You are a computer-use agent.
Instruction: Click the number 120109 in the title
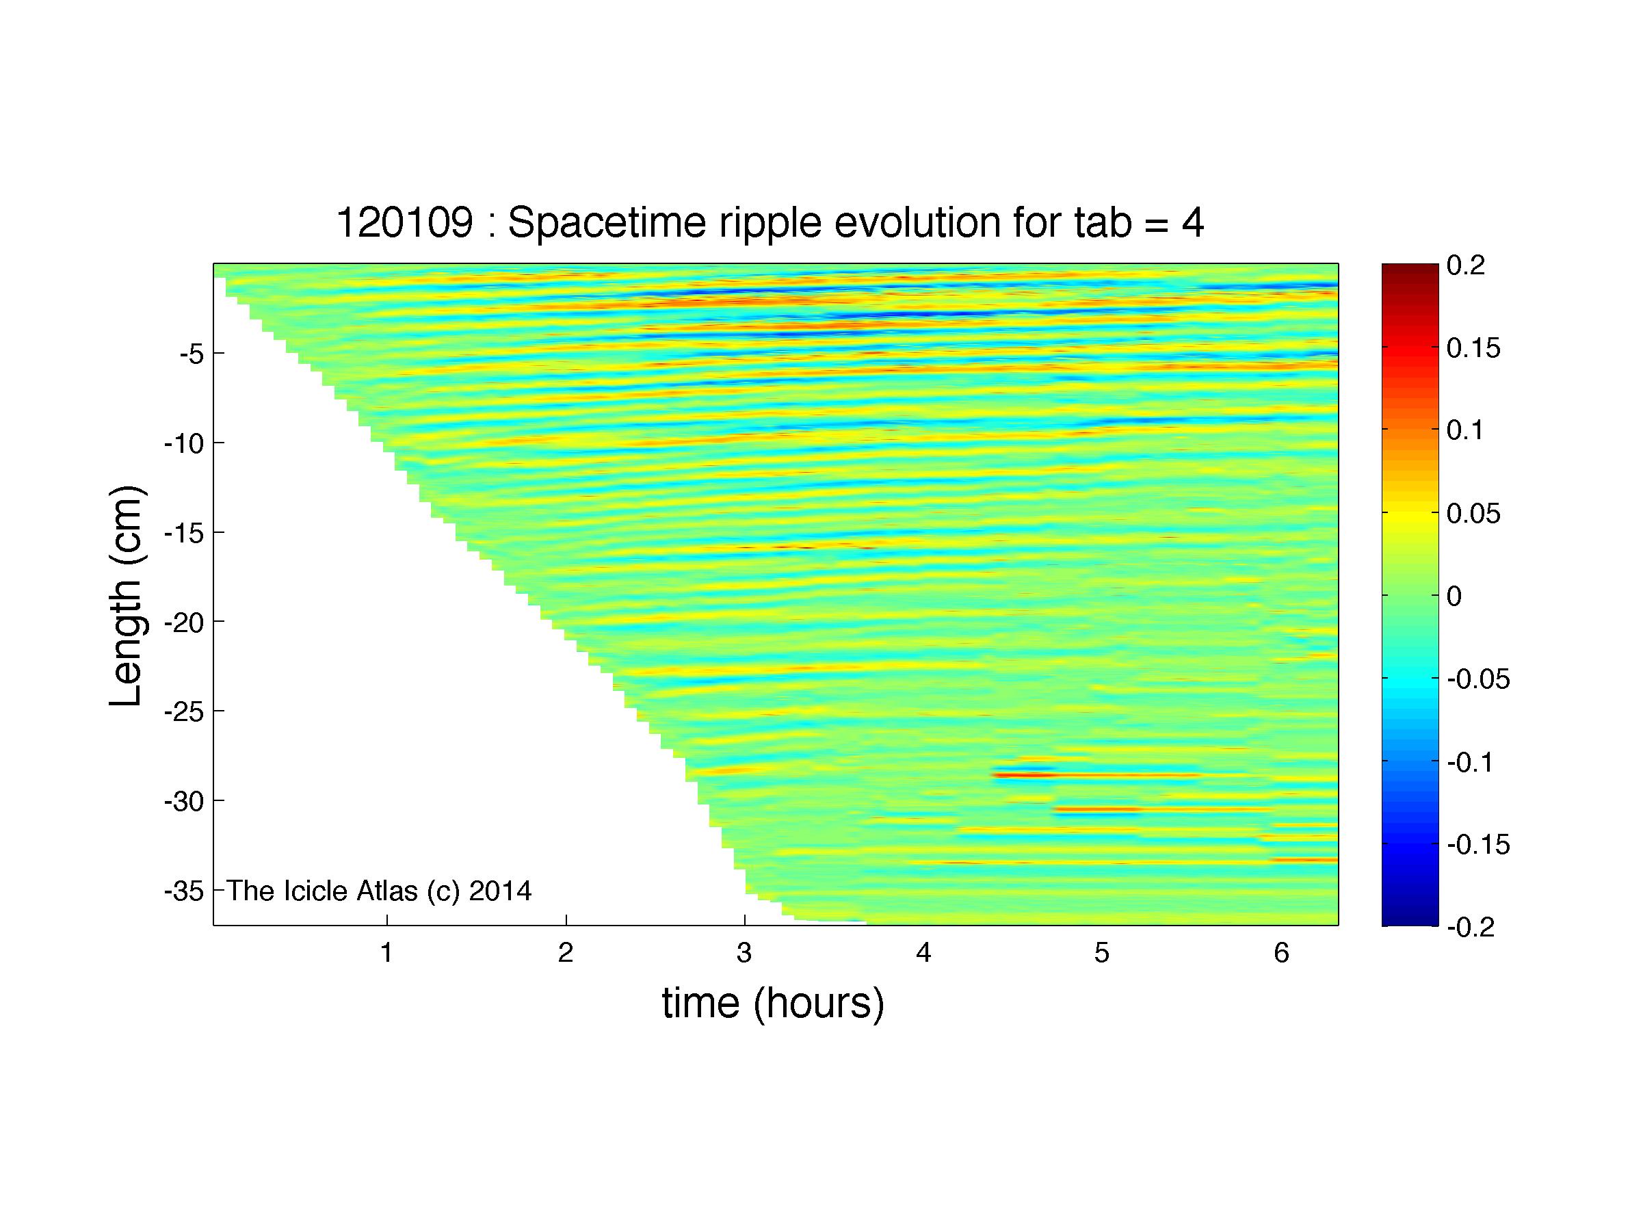(x=405, y=222)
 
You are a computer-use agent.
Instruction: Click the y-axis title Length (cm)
(x=127, y=596)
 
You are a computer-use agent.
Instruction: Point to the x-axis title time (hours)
(x=773, y=1003)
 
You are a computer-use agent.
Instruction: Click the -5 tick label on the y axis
(x=191, y=354)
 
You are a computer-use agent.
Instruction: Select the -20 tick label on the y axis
(x=183, y=622)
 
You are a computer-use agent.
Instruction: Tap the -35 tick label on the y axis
(x=183, y=891)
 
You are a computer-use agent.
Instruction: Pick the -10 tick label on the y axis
(x=183, y=443)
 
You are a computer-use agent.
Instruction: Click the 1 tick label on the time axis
(x=386, y=953)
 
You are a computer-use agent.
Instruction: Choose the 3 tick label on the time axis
(x=744, y=953)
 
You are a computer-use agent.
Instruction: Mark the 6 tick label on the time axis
(x=1281, y=953)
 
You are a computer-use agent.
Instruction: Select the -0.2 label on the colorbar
(x=1470, y=928)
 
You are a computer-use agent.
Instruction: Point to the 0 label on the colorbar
(x=1454, y=597)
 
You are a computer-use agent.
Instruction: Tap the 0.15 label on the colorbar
(x=1473, y=348)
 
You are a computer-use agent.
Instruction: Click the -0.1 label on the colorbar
(x=1470, y=762)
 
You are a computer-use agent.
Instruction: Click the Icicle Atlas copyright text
(x=379, y=891)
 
